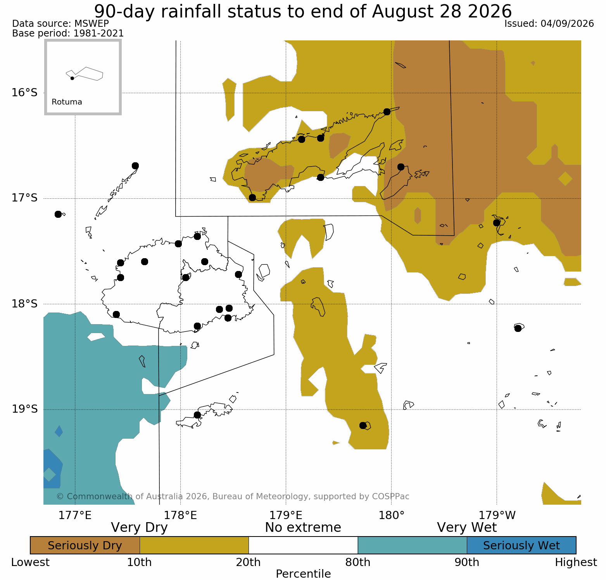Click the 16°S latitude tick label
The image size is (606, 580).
click(x=24, y=93)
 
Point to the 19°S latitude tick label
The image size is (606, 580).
click(x=24, y=409)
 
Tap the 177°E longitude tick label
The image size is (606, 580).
click(x=75, y=516)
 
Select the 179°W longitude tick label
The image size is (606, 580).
click(x=497, y=516)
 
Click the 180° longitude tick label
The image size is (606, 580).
click(x=392, y=516)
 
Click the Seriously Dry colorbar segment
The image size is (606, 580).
click(x=85, y=545)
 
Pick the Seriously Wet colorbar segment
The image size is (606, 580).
click(x=521, y=545)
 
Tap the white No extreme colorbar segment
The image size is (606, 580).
click(x=303, y=545)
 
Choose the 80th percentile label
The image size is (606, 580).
click(x=358, y=563)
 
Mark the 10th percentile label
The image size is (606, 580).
click(x=140, y=563)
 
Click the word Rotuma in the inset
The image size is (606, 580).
click(x=67, y=102)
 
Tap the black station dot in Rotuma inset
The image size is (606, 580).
click(x=72, y=78)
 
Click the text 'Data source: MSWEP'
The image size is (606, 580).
click(x=60, y=24)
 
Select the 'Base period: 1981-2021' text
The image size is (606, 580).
click(x=68, y=33)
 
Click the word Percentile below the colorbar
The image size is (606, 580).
click(x=303, y=574)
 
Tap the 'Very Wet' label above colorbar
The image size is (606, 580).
click(x=467, y=528)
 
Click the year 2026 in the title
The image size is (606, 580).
click(x=490, y=11)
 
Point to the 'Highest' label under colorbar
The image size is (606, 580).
click(x=576, y=563)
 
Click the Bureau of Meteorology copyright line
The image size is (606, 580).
click(x=233, y=497)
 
